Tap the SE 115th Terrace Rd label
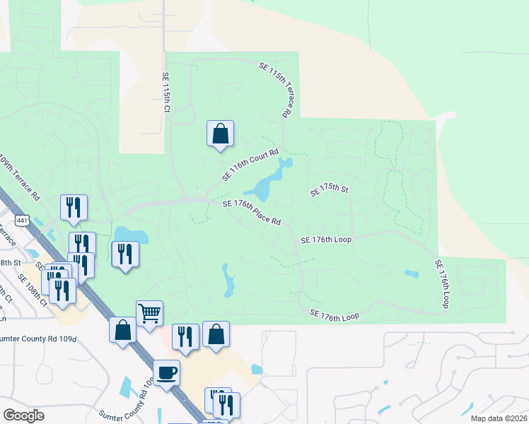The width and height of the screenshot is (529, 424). (276, 89)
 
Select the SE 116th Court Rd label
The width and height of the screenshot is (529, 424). (250, 164)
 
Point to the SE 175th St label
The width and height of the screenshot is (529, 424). (330, 192)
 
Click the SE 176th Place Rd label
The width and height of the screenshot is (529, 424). (252, 212)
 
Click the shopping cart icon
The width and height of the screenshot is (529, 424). (150, 312)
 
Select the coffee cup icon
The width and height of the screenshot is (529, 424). (167, 372)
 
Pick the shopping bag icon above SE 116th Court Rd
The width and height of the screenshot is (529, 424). (220, 133)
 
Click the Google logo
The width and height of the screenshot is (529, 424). (24, 416)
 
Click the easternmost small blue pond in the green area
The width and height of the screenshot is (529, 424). (411, 273)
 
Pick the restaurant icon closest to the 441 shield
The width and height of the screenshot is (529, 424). (74, 207)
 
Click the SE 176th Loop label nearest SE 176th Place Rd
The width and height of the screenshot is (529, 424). (326, 240)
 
